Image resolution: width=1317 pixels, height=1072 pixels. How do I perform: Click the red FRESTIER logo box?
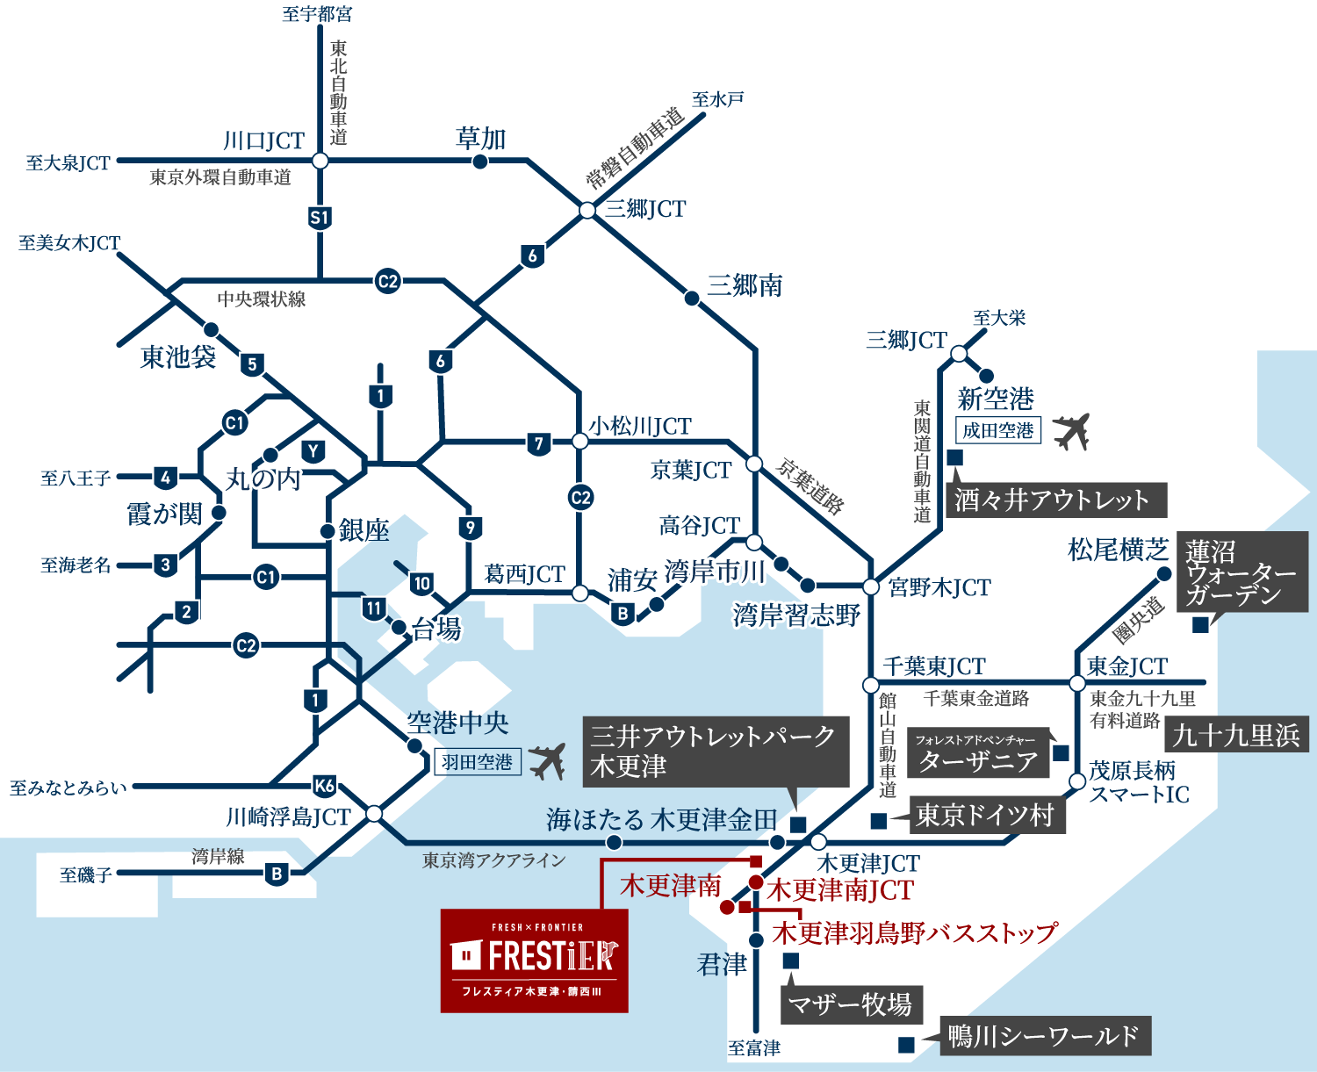[534, 960]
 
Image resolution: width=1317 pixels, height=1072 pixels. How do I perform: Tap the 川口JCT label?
[263, 140]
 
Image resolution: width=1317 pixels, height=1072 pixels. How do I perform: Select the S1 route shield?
[320, 218]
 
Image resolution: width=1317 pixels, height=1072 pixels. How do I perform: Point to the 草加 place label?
[481, 139]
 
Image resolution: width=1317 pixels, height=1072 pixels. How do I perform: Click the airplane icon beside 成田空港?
[1070, 431]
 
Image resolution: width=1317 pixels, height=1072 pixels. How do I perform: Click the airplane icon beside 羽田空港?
[547, 761]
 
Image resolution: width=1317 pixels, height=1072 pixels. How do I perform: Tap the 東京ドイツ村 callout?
[985, 816]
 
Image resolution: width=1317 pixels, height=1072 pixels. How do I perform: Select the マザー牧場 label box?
[850, 1004]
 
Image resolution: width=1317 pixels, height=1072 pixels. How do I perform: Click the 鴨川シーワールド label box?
[1044, 1037]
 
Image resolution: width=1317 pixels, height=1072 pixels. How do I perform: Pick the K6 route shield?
[324, 786]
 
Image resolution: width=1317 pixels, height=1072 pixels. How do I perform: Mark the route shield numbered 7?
[539, 443]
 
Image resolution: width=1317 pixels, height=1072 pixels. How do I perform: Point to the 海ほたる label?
[594, 820]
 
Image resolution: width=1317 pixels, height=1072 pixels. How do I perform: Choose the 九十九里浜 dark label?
[1235, 735]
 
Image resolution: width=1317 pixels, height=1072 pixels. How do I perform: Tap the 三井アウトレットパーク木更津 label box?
[715, 751]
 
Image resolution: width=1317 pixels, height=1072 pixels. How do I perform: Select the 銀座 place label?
[363, 530]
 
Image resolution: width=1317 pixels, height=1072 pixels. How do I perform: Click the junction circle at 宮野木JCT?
[871, 586]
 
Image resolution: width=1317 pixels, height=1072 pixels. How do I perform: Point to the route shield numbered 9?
[471, 528]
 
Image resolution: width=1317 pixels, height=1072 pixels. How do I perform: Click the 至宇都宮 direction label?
[317, 14]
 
